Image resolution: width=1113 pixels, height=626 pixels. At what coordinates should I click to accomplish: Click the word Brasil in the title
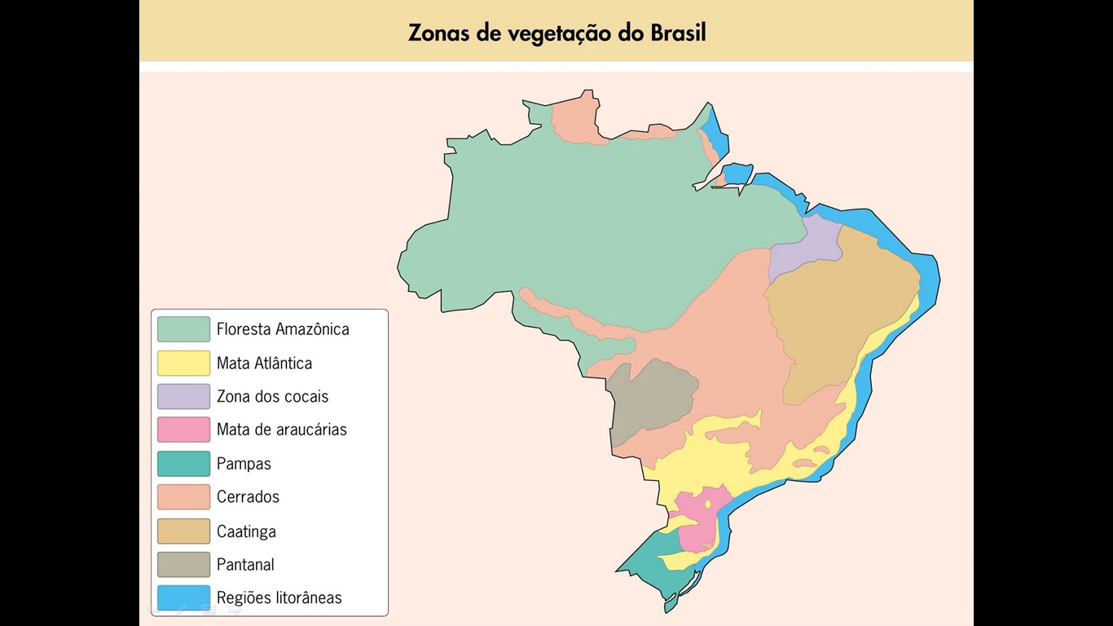point(678,33)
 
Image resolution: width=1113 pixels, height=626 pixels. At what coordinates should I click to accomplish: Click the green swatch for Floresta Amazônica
point(183,329)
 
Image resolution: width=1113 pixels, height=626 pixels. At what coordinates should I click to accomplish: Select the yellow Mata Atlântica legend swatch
point(183,363)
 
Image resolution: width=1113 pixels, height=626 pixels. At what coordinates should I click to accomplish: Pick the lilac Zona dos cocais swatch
point(183,396)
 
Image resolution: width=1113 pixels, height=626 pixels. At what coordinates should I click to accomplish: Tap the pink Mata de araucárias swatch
point(183,430)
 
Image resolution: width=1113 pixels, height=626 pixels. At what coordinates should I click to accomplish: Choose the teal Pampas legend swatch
point(183,464)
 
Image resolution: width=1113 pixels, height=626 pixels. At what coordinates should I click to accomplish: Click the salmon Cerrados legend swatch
point(183,497)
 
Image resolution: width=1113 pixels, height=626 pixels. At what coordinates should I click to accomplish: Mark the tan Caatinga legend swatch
point(183,531)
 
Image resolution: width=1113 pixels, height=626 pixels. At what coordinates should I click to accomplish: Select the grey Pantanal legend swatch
point(183,564)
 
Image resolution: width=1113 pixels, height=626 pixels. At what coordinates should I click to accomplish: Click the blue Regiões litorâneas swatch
point(183,597)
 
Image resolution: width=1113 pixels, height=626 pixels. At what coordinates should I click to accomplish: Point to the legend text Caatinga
point(246,531)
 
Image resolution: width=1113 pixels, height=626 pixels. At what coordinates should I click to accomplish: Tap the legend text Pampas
point(244,464)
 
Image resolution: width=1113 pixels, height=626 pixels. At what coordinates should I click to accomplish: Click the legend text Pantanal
point(245,564)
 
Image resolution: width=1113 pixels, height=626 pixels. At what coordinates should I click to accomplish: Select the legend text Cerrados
point(248,497)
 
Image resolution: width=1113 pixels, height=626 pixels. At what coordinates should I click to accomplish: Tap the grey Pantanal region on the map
point(649,399)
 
